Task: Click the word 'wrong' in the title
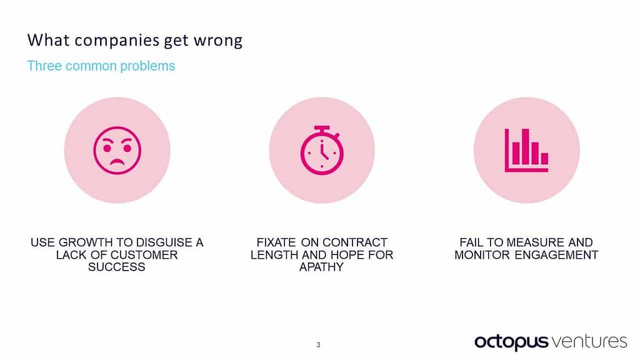click(218, 41)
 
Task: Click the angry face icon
click(117, 150)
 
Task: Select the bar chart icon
click(526, 150)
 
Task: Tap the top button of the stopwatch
click(322, 128)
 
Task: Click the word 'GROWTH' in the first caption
click(83, 242)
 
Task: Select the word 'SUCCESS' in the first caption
click(117, 267)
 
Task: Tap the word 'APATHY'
click(321, 267)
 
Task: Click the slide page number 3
click(319, 344)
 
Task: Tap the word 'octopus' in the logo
click(511, 342)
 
